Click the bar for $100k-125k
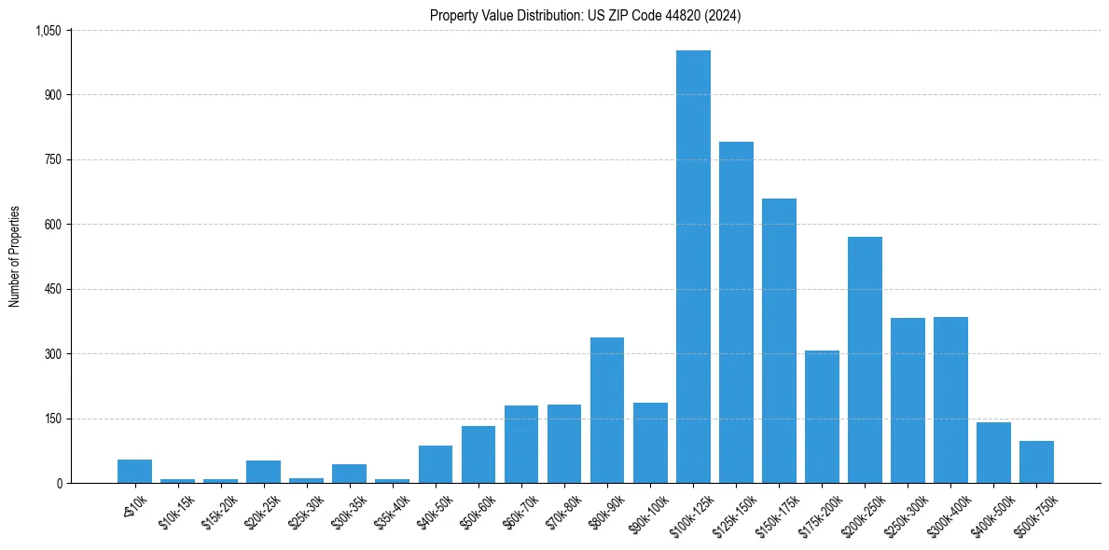(693, 267)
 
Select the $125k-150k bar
(736, 312)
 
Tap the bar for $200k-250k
(865, 360)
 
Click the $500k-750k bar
(1036, 462)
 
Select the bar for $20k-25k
(263, 472)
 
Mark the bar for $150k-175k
(779, 341)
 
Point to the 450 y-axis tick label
(53, 290)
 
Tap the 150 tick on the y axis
(53, 419)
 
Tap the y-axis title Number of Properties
(15, 256)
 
